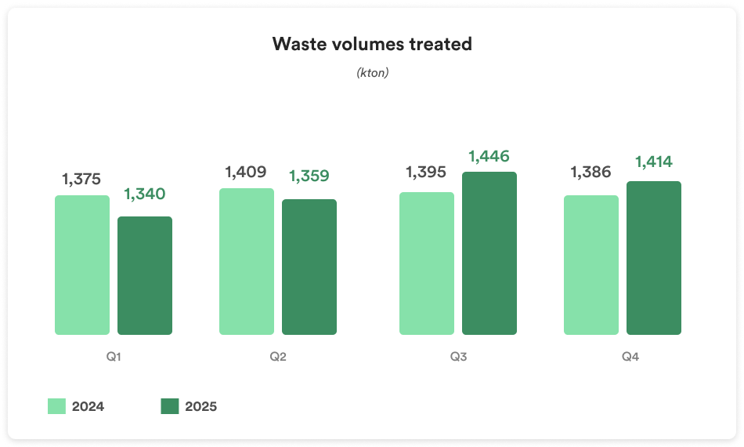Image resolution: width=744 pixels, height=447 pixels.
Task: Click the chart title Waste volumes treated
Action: tap(372, 44)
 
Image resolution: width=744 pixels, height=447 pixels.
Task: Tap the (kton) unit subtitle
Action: tap(372, 73)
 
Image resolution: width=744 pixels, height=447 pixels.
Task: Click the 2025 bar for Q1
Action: tap(145, 275)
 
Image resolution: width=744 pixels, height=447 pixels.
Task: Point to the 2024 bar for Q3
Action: tap(427, 263)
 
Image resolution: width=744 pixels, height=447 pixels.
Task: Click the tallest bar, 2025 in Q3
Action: tap(489, 253)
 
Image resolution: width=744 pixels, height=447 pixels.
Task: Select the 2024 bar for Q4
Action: tap(591, 265)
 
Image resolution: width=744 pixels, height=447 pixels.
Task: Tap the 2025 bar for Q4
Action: tap(654, 258)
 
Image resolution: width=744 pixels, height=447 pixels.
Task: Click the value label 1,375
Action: tap(81, 179)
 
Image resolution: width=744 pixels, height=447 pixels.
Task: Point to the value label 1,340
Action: tap(145, 194)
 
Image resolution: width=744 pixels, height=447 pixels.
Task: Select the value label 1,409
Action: tap(246, 172)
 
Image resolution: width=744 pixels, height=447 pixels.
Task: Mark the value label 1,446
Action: tap(489, 156)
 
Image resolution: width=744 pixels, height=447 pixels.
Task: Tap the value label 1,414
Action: tap(654, 162)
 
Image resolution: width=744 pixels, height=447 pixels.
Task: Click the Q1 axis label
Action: tap(114, 358)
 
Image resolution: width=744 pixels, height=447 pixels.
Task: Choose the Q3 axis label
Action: tap(458, 358)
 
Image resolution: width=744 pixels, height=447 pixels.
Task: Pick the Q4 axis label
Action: tap(630, 358)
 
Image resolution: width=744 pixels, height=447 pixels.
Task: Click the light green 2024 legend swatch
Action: tap(56, 406)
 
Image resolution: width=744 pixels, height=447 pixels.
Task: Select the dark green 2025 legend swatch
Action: tap(170, 406)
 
